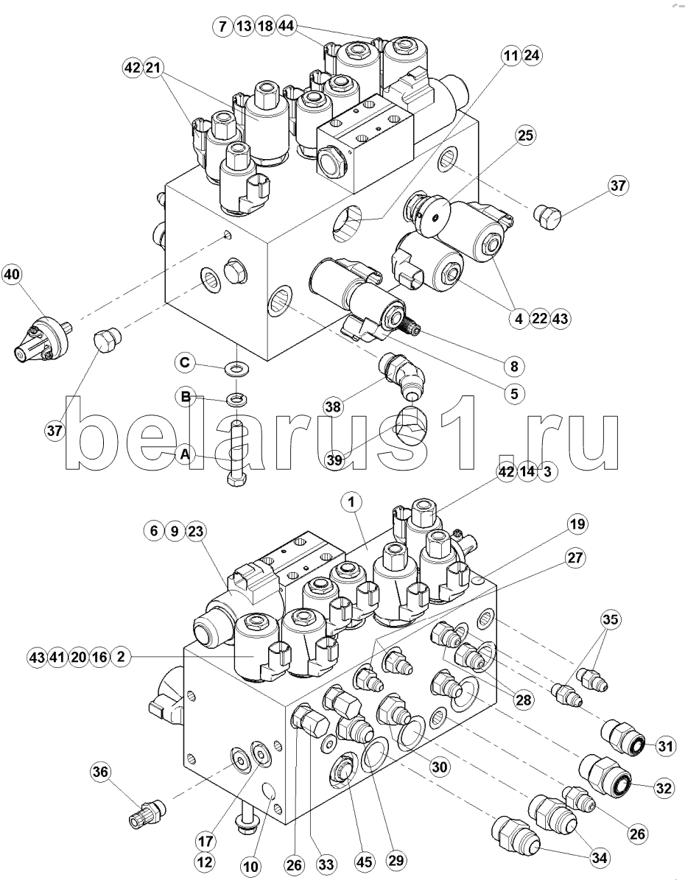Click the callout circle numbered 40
12,275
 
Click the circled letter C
186,362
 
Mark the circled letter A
186,455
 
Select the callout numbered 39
336,459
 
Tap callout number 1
352,502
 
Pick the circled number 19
577,524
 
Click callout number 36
100,772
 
